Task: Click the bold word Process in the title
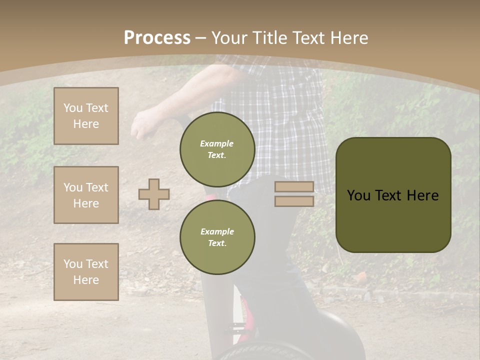(x=157, y=38)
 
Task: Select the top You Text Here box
(x=86, y=116)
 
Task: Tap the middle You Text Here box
(x=86, y=195)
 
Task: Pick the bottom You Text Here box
(x=86, y=272)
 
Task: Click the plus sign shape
(x=154, y=194)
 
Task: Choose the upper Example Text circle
(x=217, y=149)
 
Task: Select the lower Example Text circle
(x=217, y=237)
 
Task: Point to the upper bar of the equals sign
(x=294, y=187)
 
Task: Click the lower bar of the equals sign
(x=294, y=201)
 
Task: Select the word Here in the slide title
(x=349, y=38)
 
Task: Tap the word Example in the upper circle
(x=216, y=144)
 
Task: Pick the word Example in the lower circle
(x=217, y=231)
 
